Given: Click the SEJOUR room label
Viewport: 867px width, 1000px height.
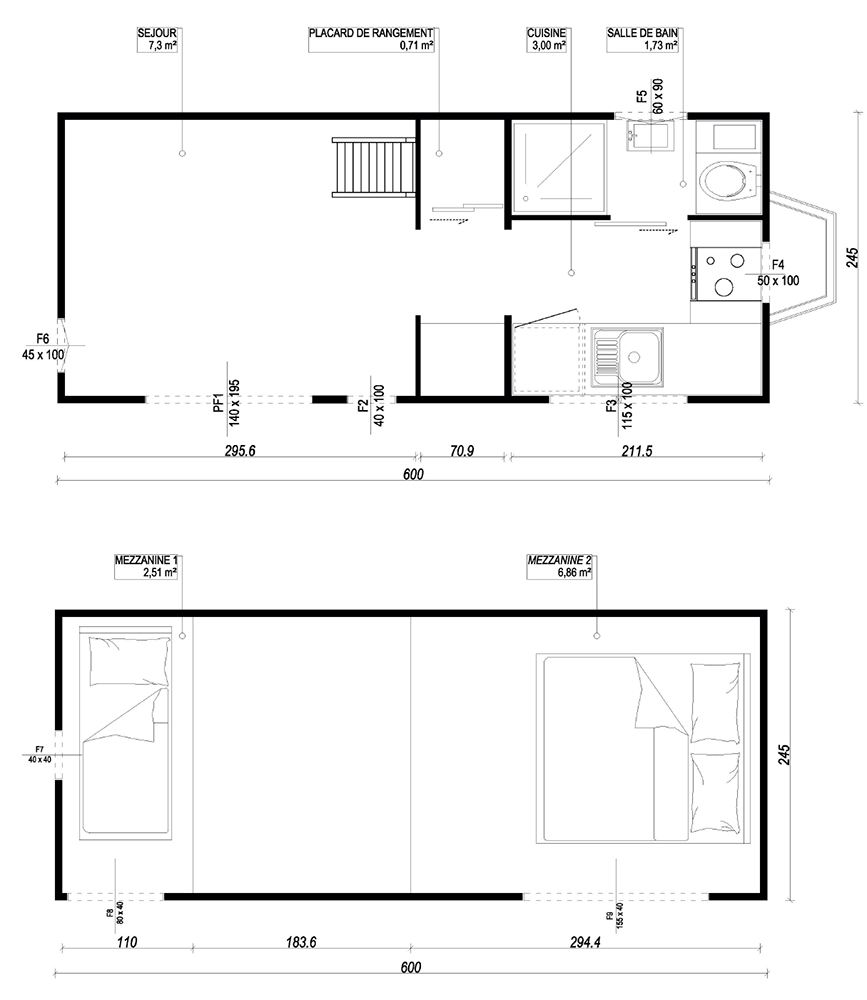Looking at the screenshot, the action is point(157,33).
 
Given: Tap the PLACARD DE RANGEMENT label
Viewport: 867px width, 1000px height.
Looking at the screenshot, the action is point(371,33).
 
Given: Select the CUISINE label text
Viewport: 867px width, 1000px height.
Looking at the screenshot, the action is point(546,33).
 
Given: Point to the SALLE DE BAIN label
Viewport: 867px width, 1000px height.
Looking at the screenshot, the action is point(642,33).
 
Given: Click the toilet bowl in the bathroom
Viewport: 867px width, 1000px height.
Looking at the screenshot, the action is point(727,180).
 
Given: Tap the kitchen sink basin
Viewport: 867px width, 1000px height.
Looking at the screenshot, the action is point(636,357).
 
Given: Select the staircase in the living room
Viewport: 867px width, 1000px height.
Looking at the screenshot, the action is point(373,167).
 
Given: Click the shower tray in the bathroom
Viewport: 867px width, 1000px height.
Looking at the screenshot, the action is point(558,167).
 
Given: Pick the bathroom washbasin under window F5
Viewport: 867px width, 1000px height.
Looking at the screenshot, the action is point(648,136).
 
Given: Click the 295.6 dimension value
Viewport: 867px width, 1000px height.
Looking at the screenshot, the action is point(240,451).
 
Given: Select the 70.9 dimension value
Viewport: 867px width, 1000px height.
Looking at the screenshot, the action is point(462,451).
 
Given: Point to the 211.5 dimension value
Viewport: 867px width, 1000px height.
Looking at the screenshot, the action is point(637,451).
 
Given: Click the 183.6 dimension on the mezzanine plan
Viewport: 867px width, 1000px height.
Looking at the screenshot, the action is point(300,942).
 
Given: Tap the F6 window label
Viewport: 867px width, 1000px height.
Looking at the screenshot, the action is point(42,339).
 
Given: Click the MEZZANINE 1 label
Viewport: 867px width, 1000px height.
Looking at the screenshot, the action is point(146,561).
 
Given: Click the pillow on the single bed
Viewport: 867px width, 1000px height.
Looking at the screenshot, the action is point(130,661).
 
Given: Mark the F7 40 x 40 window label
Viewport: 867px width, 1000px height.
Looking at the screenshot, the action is point(40,754).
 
